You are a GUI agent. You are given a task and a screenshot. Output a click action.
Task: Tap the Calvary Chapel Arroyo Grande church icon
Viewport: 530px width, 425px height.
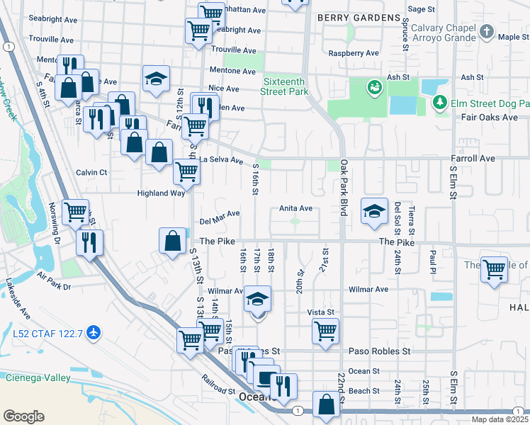(x=486, y=32)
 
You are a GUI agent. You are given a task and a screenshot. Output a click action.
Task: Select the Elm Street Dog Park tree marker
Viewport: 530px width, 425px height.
(x=440, y=103)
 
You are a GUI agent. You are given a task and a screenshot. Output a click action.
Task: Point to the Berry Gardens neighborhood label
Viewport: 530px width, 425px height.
(x=359, y=17)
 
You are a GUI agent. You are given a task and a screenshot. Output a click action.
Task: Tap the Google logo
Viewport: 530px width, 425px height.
(x=23, y=416)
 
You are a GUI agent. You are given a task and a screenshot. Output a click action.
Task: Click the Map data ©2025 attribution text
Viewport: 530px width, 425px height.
(x=500, y=419)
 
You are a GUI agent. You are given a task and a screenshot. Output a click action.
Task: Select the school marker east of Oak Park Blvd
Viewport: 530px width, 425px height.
(x=374, y=211)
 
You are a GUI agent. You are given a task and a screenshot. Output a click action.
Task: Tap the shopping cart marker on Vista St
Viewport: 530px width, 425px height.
(x=325, y=330)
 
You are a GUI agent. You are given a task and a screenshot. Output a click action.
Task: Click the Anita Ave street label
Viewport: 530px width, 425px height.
(x=295, y=208)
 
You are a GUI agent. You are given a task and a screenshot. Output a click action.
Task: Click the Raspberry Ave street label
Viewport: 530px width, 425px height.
(x=354, y=53)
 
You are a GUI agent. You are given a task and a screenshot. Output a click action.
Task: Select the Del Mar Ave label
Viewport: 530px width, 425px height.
(x=220, y=215)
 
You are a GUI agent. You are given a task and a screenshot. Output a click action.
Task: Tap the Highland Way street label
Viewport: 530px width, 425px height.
(x=161, y=193)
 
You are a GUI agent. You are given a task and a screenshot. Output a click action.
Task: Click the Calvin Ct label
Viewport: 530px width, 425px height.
(x=91, y=172)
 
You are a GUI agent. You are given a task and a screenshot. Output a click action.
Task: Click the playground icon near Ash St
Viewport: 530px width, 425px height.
(x=373, y=89)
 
